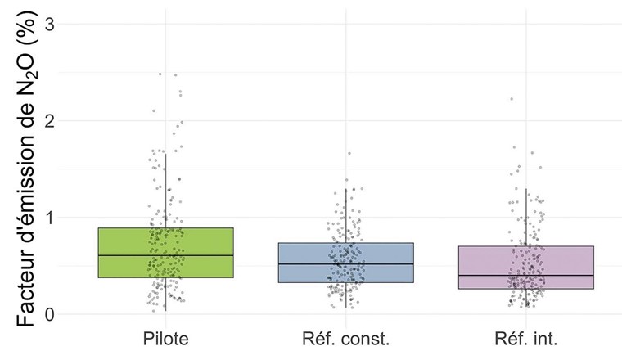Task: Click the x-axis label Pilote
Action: [165, 337]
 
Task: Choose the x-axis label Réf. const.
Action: [345, 337]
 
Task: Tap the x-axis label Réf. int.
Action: [526, 337]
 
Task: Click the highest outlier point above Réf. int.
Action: [512, 99]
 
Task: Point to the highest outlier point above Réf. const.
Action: [349, 153]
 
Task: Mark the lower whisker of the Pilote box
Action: [165, 295]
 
